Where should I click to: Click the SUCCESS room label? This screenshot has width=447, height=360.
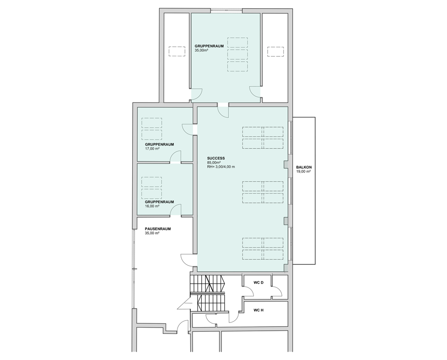tap(216, 158)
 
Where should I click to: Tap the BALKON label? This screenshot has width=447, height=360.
tap(304, 167)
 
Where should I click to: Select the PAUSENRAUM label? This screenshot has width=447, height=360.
tap(158, 229)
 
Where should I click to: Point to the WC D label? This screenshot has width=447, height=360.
tap(259, 283)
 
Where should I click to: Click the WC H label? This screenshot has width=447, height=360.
tap(259, 310)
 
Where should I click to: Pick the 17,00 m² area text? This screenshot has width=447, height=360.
tap(152, 149)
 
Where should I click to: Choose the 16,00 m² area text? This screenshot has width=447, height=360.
tap(152, 206)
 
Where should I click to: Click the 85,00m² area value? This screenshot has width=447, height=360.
tap(214, 162)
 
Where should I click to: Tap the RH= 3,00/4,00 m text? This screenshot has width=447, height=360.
tap(221, 167)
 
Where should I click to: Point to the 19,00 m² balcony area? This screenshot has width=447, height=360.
tap(303, 172)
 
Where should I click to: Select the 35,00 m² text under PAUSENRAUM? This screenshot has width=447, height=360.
tap(152, 233)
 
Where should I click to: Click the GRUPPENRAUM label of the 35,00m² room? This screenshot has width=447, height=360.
tap(209, 46)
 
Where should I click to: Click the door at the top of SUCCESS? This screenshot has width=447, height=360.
tap(223, 110)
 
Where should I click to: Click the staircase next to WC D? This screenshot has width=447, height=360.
tap(208, 294)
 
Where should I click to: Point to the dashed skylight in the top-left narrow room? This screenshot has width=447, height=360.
tap(177, 52)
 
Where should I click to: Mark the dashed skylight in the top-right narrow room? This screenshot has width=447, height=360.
tap(276, 52)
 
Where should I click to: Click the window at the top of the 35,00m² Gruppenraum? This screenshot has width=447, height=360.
tap(226, 11)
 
